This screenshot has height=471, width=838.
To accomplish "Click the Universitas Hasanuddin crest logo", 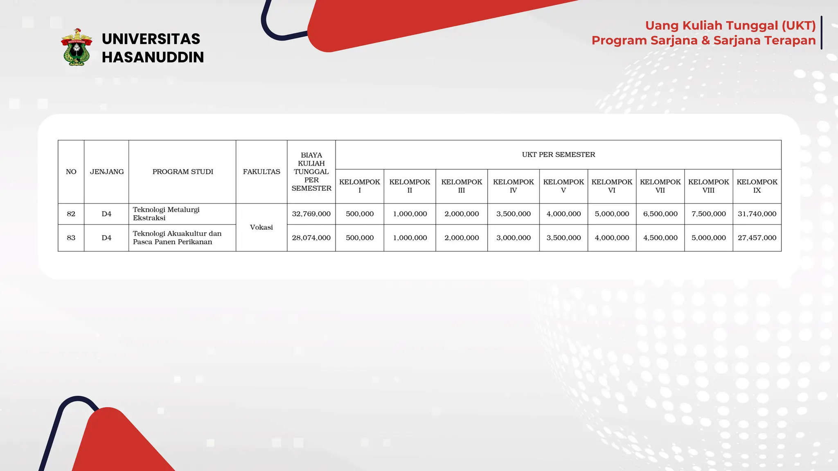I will [x=76, y=47].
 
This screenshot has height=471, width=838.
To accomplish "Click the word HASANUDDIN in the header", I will [x=153, y=57].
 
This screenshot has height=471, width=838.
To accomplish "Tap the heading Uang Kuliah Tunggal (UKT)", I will [x=730, y=25].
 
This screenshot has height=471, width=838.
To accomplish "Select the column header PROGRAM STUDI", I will [x=182, y=172].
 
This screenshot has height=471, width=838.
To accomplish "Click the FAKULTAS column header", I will [x=261, y=172].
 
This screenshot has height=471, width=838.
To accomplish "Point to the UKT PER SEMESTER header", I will [x=558, y=155].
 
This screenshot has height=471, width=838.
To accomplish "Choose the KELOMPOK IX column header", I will [x=757, y=186].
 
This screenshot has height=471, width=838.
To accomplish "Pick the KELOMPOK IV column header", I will [x=513, y=186].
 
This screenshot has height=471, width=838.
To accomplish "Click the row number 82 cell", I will [x=71, y=214].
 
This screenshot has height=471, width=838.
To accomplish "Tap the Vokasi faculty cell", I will [x=261, y=227].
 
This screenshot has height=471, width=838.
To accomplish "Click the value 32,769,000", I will [x=311, y=214].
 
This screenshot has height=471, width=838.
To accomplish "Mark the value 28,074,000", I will [x=311, y=238].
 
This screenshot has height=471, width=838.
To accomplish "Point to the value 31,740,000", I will [x=757, y=214].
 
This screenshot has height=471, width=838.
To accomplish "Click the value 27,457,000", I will [x=757, y=238].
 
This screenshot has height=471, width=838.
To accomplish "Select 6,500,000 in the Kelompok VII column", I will [x=660, y=214].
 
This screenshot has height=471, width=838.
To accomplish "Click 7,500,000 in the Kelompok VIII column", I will [x=708, y=214].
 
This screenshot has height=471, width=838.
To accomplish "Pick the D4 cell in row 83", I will [x=106, y=238].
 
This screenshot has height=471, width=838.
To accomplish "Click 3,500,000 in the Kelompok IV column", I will [x=513, y=214].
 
